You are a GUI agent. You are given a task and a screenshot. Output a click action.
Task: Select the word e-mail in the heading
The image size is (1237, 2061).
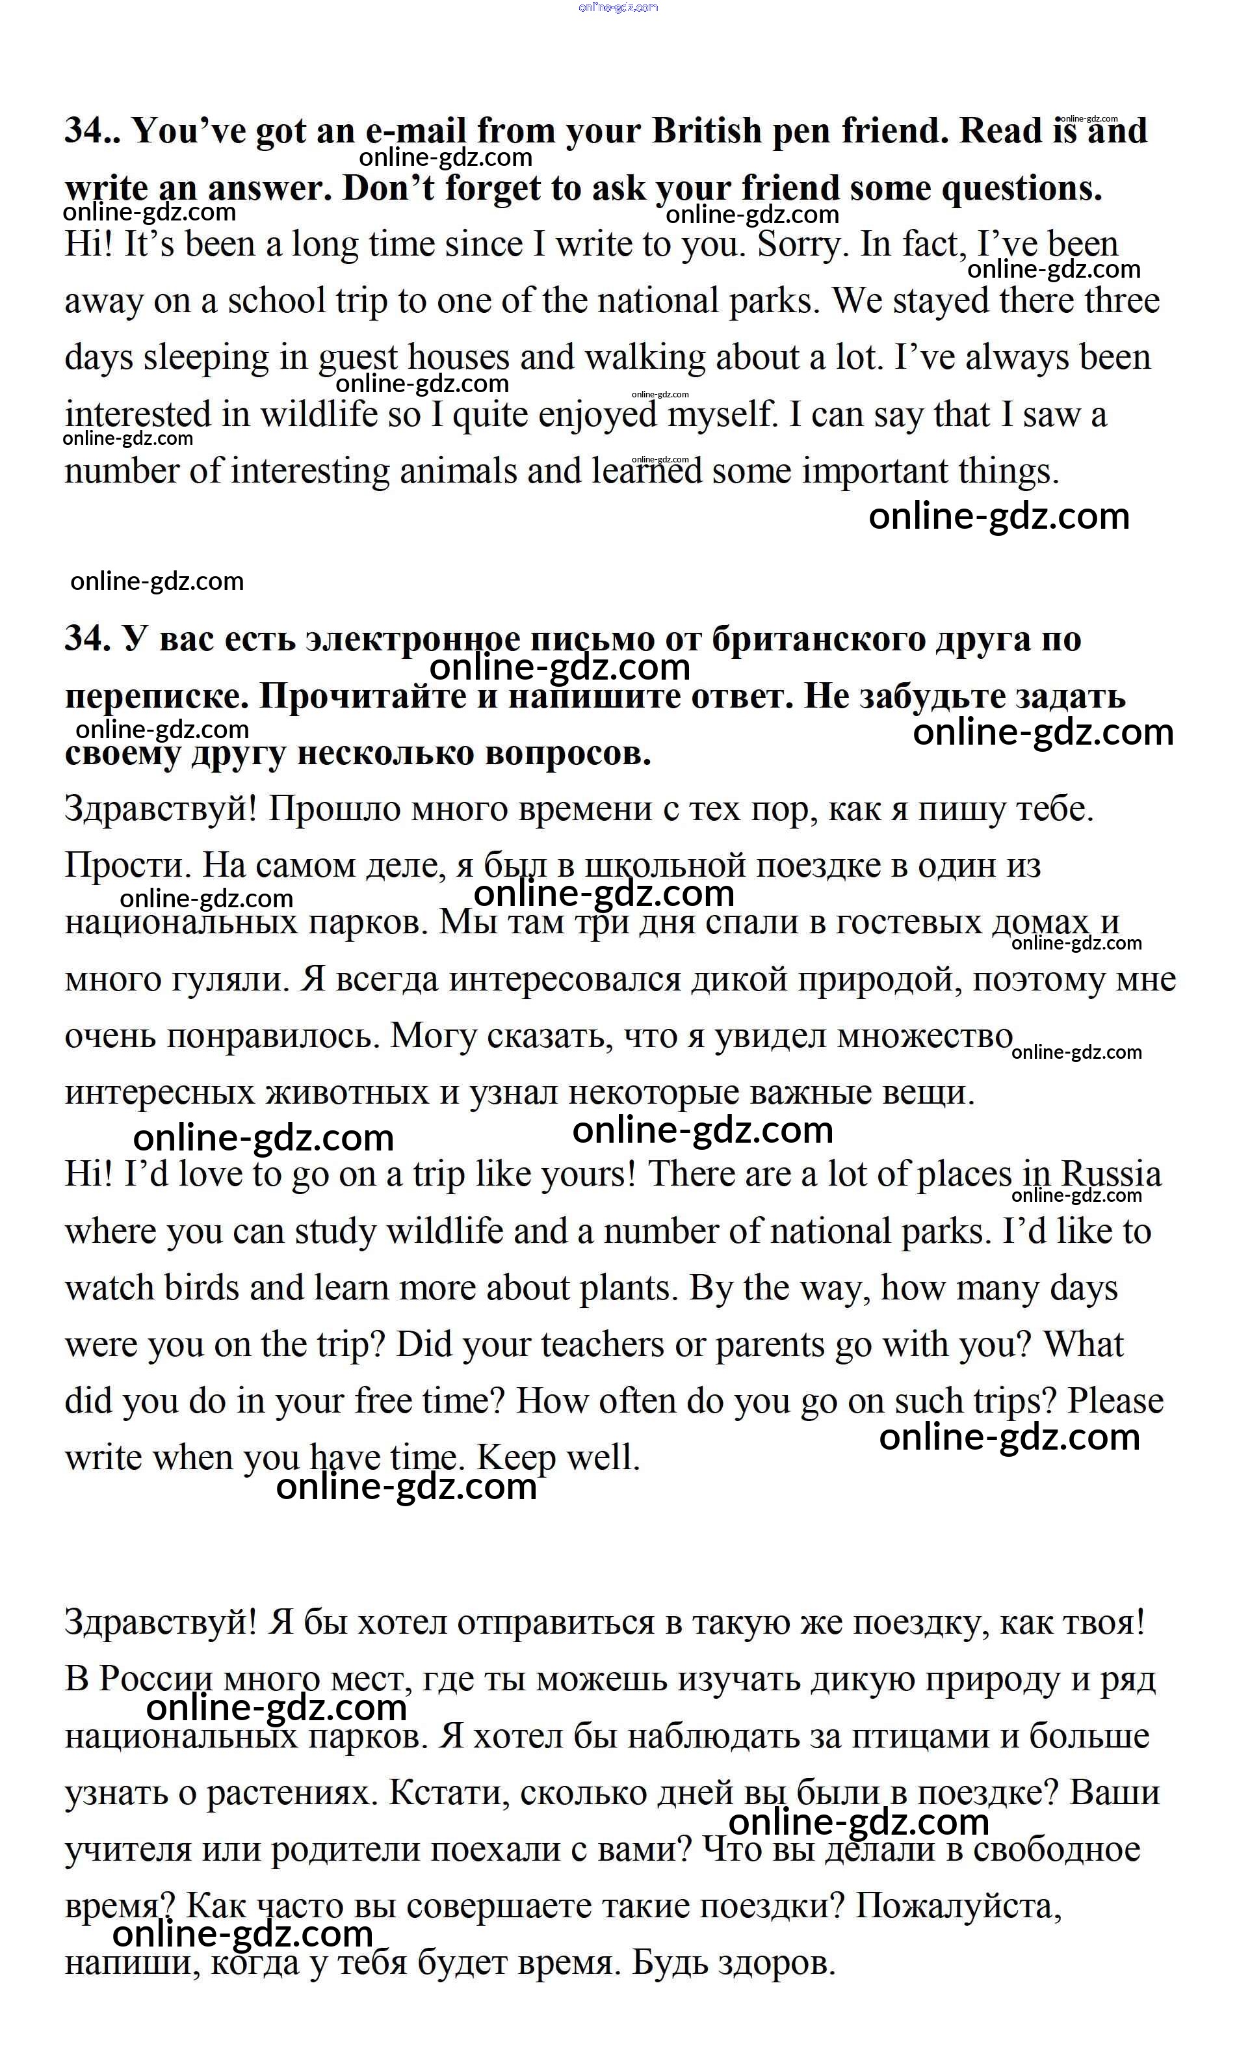416,131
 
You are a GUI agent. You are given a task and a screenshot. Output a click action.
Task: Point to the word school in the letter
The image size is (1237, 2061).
276,301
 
